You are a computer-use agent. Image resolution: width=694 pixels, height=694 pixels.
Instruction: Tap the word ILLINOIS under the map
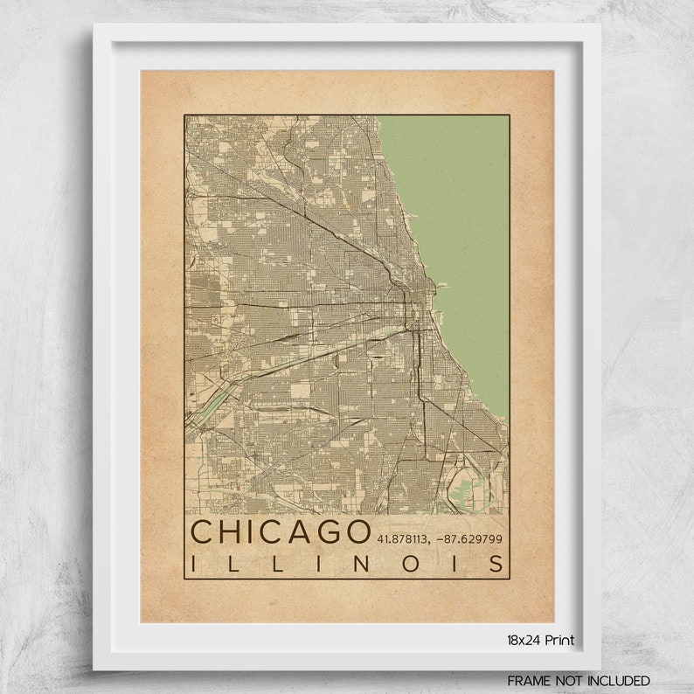[348, 564]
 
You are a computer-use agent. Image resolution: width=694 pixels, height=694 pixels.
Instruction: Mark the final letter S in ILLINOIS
[497, 564]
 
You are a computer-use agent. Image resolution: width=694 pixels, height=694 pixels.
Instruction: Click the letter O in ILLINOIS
[412, 564]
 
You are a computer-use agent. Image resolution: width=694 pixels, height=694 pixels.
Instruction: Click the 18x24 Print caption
[540, 640]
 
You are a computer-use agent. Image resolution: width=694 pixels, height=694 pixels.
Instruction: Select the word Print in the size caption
[559, 640]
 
